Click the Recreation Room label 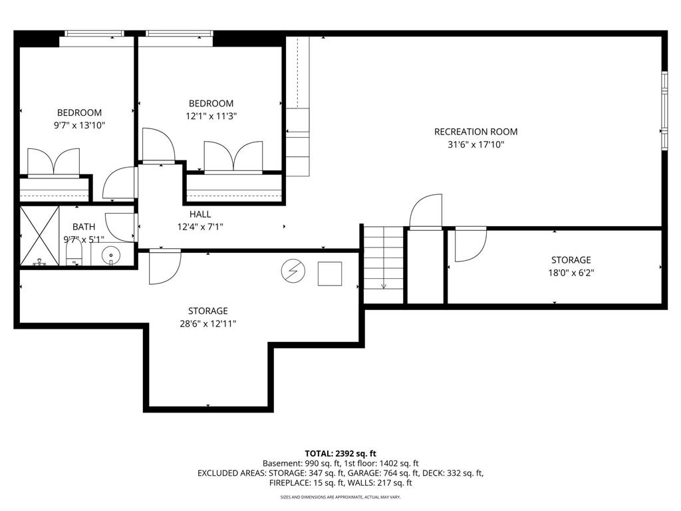coord(476,132)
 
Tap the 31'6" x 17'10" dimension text coord(476,144)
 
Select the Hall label coord(200,214)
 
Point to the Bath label coord(84,227)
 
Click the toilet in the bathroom coord(74,252)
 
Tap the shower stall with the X coord(39,236)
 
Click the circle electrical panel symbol coord(293,271)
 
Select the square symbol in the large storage coord(330,273)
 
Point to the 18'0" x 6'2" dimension coord(571,273)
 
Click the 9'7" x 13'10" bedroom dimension coord(80,126)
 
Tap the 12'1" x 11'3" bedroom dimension coord(211,116)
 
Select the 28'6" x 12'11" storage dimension coord(208,324)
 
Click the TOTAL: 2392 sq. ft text coord(340,454)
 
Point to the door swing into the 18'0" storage coord(472,246)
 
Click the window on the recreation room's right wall coord(664,111)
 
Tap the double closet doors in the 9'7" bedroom coord(53,162)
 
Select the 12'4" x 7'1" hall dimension coord(200,227)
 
